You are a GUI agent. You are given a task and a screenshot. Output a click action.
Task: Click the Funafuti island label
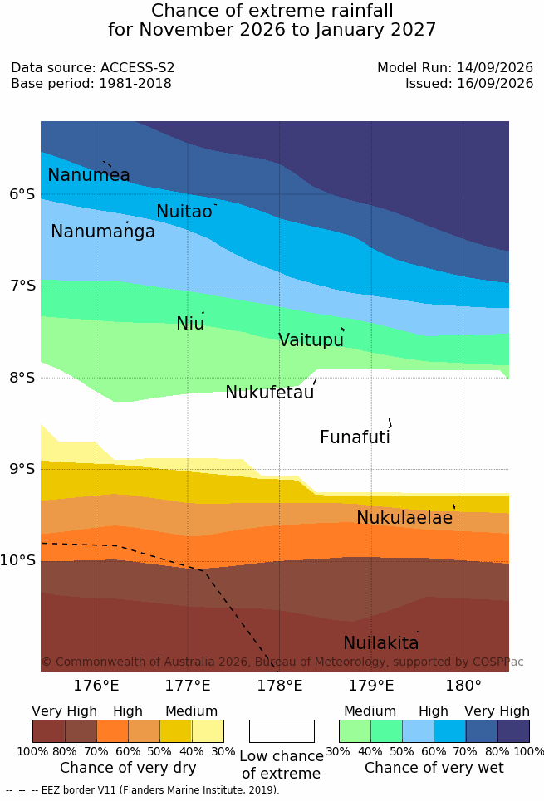pos(355,437)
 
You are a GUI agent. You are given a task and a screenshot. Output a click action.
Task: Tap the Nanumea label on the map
pos(88,174)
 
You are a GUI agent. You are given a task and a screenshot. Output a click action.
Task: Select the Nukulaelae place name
pos(404,517)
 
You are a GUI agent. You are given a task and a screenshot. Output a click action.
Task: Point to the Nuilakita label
pos(381,642)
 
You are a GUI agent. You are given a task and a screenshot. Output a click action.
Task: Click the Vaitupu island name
pos(311,340)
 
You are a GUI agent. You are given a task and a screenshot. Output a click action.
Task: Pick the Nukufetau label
pos(269,393)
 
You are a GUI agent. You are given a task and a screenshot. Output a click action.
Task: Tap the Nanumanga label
pos(103,232)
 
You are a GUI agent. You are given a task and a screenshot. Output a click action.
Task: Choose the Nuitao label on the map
pos(184,211)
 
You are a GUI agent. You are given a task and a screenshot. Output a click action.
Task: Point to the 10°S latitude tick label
pos(18,560)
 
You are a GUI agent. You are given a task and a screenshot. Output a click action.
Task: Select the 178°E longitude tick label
pos(280,685)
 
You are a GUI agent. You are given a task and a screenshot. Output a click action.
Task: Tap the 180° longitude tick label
pos(463,685)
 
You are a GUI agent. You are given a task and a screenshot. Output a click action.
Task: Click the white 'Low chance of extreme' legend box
pos(282,731)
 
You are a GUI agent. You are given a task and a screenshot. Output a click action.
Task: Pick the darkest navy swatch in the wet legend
pos(513,731)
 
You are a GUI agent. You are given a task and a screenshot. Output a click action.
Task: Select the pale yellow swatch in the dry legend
pos(208,731)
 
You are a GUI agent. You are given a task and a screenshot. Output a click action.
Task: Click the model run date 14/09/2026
pos(495,67)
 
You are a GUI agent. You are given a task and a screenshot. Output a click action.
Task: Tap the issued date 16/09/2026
pos(495,83)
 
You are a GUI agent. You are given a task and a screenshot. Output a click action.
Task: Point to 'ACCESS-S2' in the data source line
pos(138,67)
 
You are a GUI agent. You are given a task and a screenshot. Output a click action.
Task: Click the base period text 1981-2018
pos(135,83)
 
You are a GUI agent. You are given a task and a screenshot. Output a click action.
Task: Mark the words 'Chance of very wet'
pos(434,768)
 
